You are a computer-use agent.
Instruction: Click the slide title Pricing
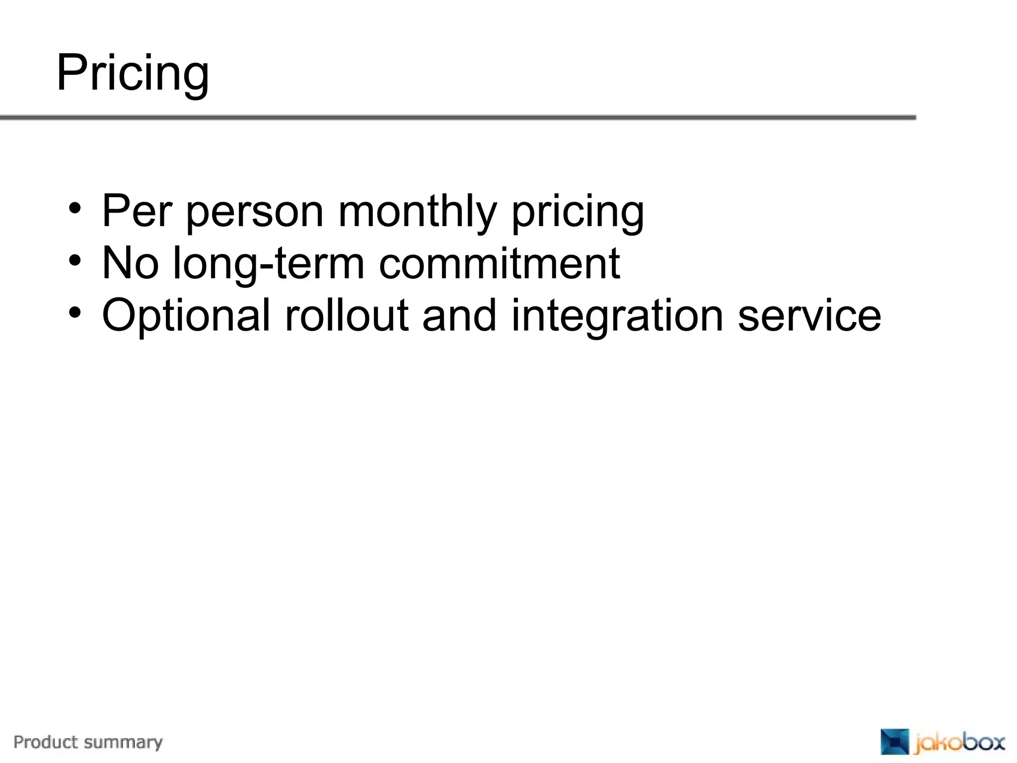point(133,74)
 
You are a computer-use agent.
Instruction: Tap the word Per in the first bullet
point(137,211)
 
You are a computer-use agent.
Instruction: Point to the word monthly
point(417,213)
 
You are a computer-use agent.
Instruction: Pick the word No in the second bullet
point(130,263)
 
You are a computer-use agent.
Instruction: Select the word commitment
point(499,263)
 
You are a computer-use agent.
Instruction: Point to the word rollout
point(346,315)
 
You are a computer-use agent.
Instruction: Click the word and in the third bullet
point(459,315)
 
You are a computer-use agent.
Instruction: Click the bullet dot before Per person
point(74,208)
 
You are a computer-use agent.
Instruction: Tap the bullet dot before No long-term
point(74,260)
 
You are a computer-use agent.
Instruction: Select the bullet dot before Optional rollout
point(74,312)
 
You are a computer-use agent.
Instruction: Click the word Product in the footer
point(46,742)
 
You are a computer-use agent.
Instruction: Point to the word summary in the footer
point(123,743)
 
